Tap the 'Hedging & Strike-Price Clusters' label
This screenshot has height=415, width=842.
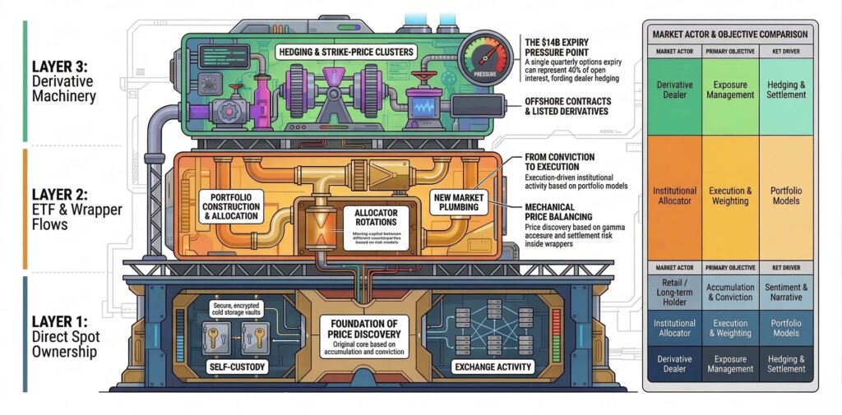359,52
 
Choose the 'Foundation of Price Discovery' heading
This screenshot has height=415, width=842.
363,329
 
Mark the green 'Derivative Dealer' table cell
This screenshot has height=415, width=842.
673,90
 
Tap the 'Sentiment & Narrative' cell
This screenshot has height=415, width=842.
787,293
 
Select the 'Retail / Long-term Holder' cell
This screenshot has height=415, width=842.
673,293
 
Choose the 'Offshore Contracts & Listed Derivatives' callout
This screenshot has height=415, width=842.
567,106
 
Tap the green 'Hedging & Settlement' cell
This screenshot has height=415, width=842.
787,90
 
